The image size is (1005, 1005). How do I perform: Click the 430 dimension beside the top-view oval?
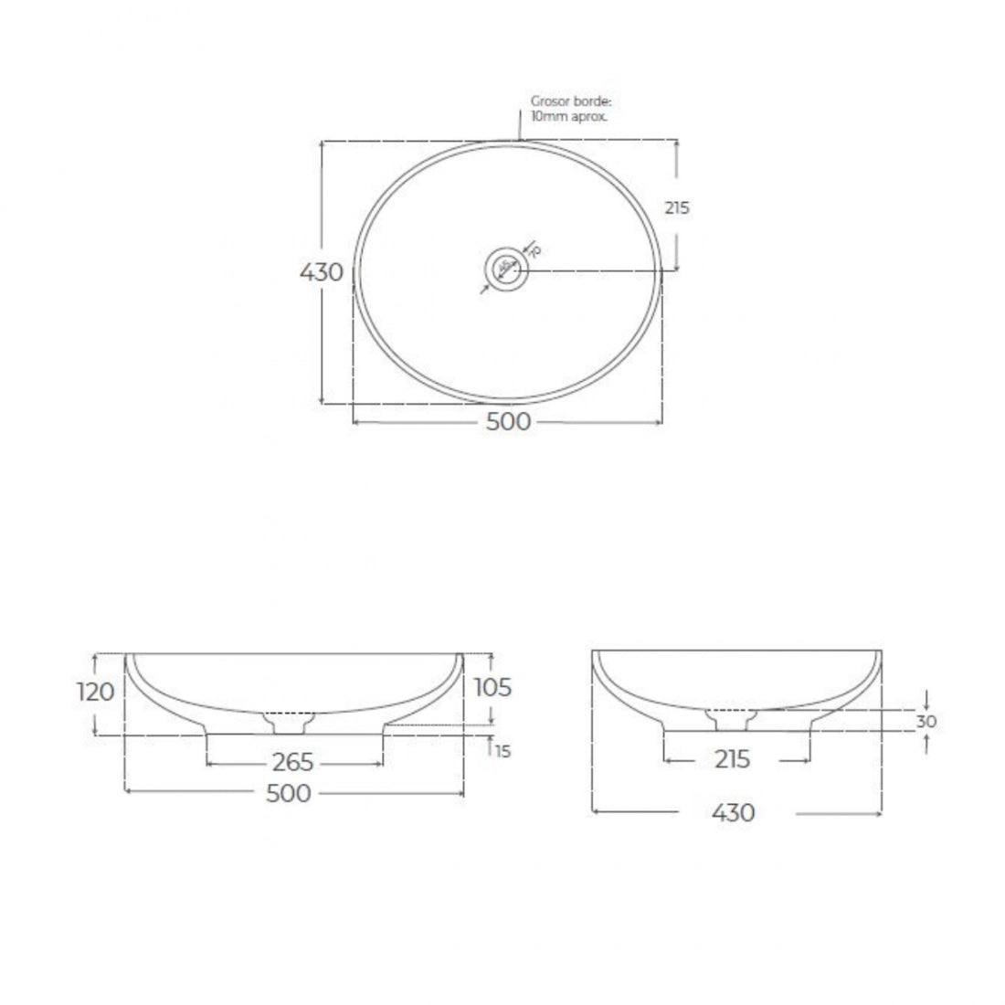pos(323,272)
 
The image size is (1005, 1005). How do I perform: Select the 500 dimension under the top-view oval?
pos(509,422)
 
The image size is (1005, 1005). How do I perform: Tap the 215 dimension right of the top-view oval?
pos(677,208)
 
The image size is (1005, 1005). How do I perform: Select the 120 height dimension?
pos(95,692)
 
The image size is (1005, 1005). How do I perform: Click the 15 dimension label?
pos(503,751)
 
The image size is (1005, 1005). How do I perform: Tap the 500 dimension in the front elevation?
pos(289,793)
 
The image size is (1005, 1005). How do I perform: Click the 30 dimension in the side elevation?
pos(927,721)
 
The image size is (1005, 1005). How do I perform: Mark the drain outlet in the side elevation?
pos(733,720)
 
